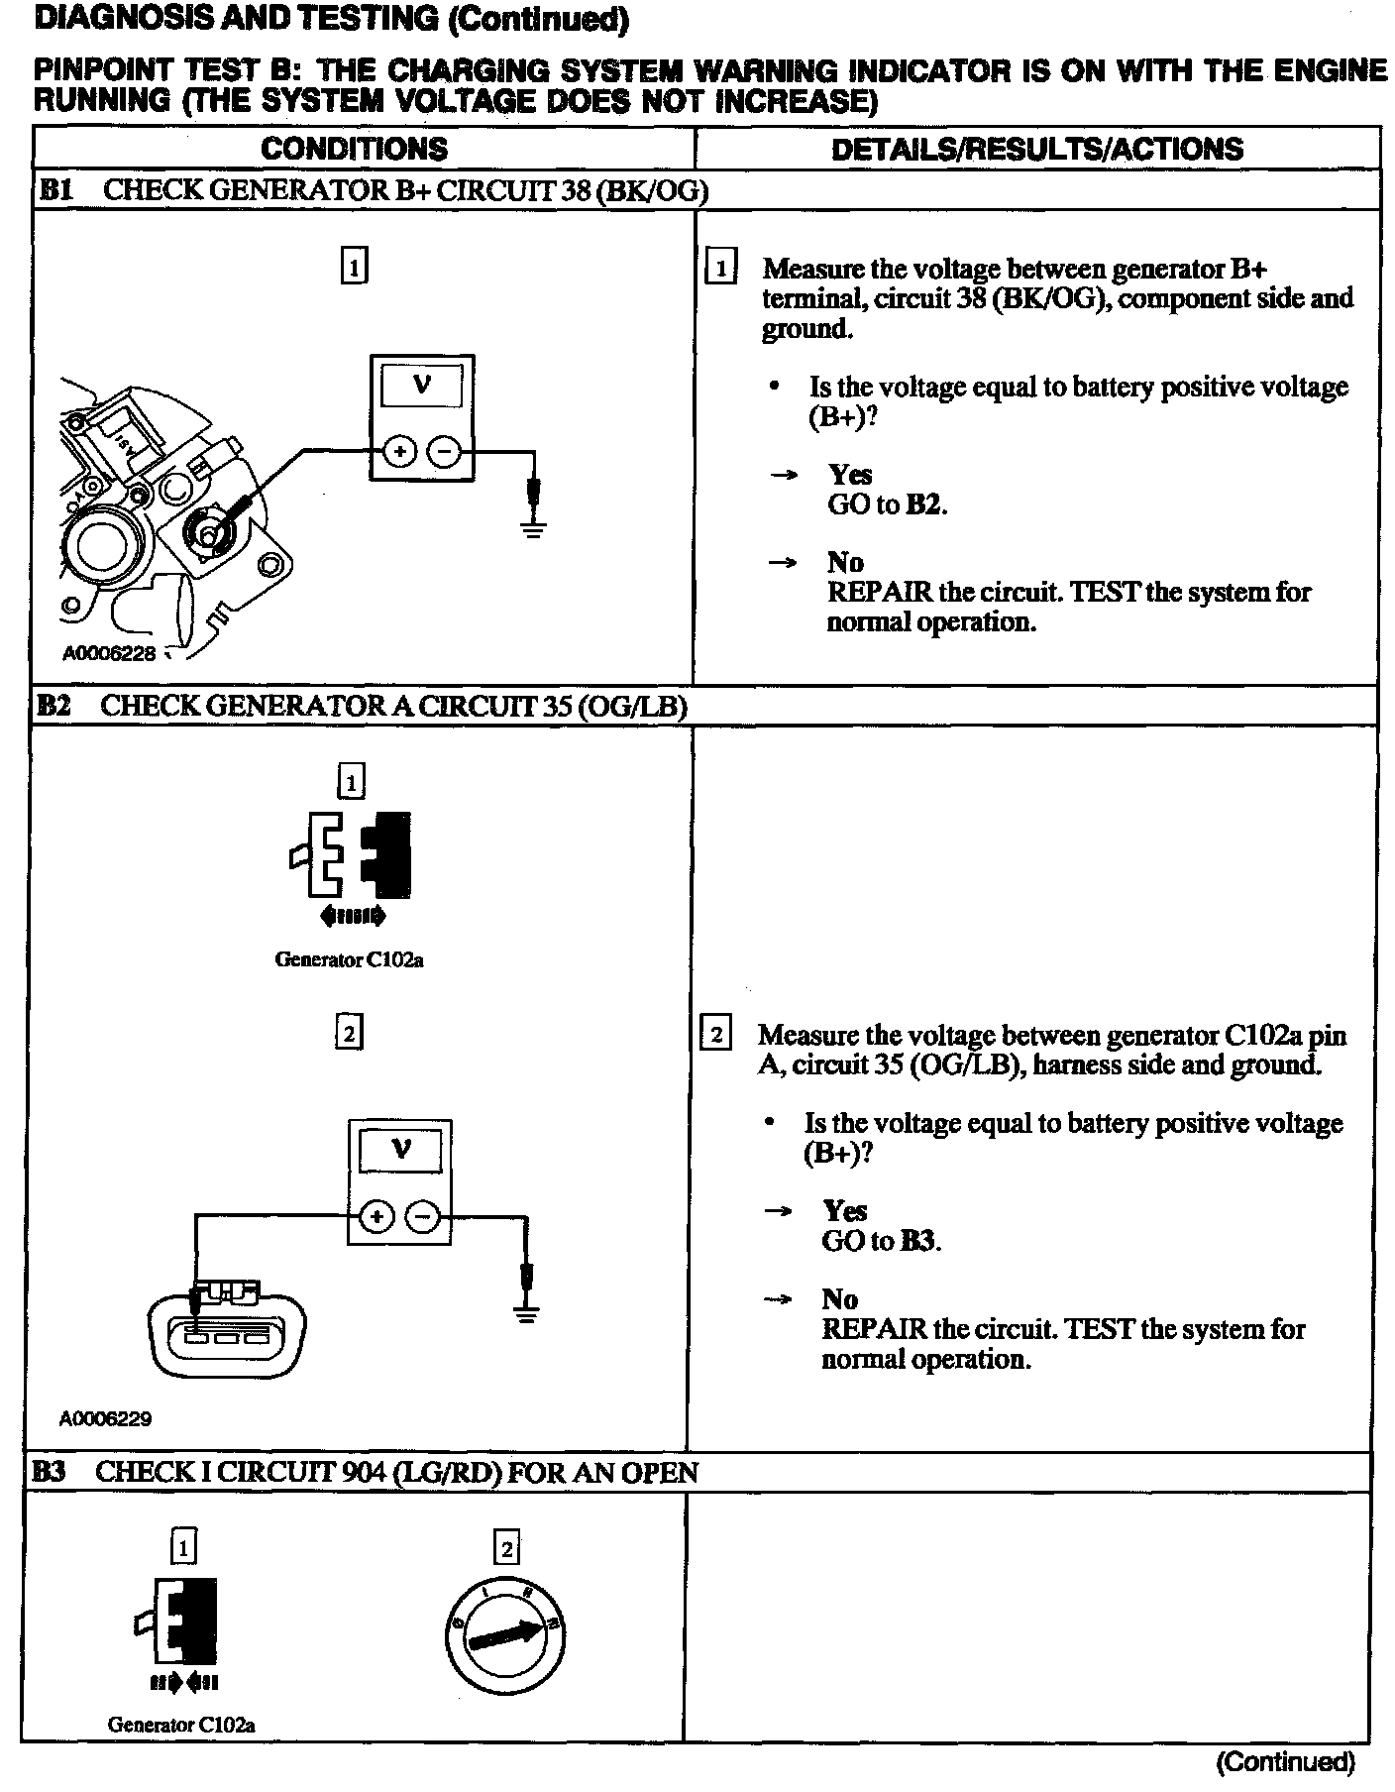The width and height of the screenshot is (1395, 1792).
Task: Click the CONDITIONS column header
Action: pos(354,149)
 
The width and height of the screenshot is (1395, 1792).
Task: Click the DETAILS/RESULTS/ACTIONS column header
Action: pos(1036,149)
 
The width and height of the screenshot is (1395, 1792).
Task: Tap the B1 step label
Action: pos(55,190)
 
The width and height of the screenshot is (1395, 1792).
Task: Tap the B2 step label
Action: pos(54,706)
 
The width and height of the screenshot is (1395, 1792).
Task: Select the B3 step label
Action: pos(50,1472)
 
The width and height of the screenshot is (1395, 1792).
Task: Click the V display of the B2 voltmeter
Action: pos(401,1150)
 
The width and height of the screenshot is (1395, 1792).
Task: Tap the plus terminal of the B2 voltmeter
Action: pos(376,1216)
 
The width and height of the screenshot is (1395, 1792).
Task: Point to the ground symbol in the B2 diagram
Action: pos(527,1315)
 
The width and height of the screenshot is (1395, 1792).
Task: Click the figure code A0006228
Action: pos(109,654)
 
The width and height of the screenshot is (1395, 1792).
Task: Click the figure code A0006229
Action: pos(105,1418)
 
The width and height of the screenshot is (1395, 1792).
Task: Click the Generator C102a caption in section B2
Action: pos(349,959)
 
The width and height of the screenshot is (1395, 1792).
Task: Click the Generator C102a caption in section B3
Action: pos(181,1724)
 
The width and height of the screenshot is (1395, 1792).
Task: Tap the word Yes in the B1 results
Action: pos(850,474)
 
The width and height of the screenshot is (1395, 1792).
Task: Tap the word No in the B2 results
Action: pos(839,1298)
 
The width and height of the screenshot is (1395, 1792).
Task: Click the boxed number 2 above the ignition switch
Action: pos(505,1548)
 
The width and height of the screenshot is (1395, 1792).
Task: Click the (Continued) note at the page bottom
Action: pos(1284,1761)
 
